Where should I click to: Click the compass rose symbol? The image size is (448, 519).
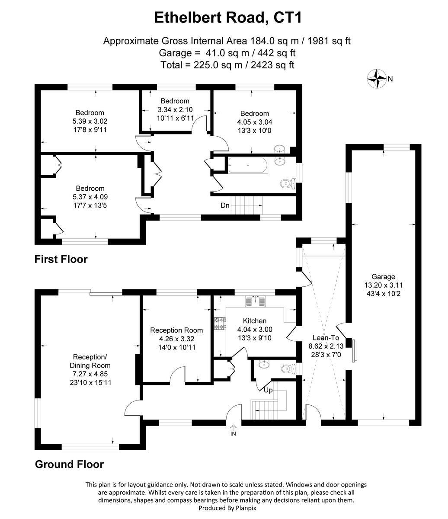377,79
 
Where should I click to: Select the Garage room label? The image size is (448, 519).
383,277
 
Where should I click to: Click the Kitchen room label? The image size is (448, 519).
255,321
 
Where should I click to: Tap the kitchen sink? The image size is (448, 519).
257,301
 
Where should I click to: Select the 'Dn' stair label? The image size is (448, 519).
225,205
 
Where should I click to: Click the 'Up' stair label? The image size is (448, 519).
268,390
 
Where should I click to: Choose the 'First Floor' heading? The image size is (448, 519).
61,259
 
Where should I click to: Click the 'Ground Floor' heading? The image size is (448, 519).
69,465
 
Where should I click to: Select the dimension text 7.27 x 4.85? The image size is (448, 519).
90,374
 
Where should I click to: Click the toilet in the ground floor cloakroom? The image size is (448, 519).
287,369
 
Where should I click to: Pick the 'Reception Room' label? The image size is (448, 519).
176,330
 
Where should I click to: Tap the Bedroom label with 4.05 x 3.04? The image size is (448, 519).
255,113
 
